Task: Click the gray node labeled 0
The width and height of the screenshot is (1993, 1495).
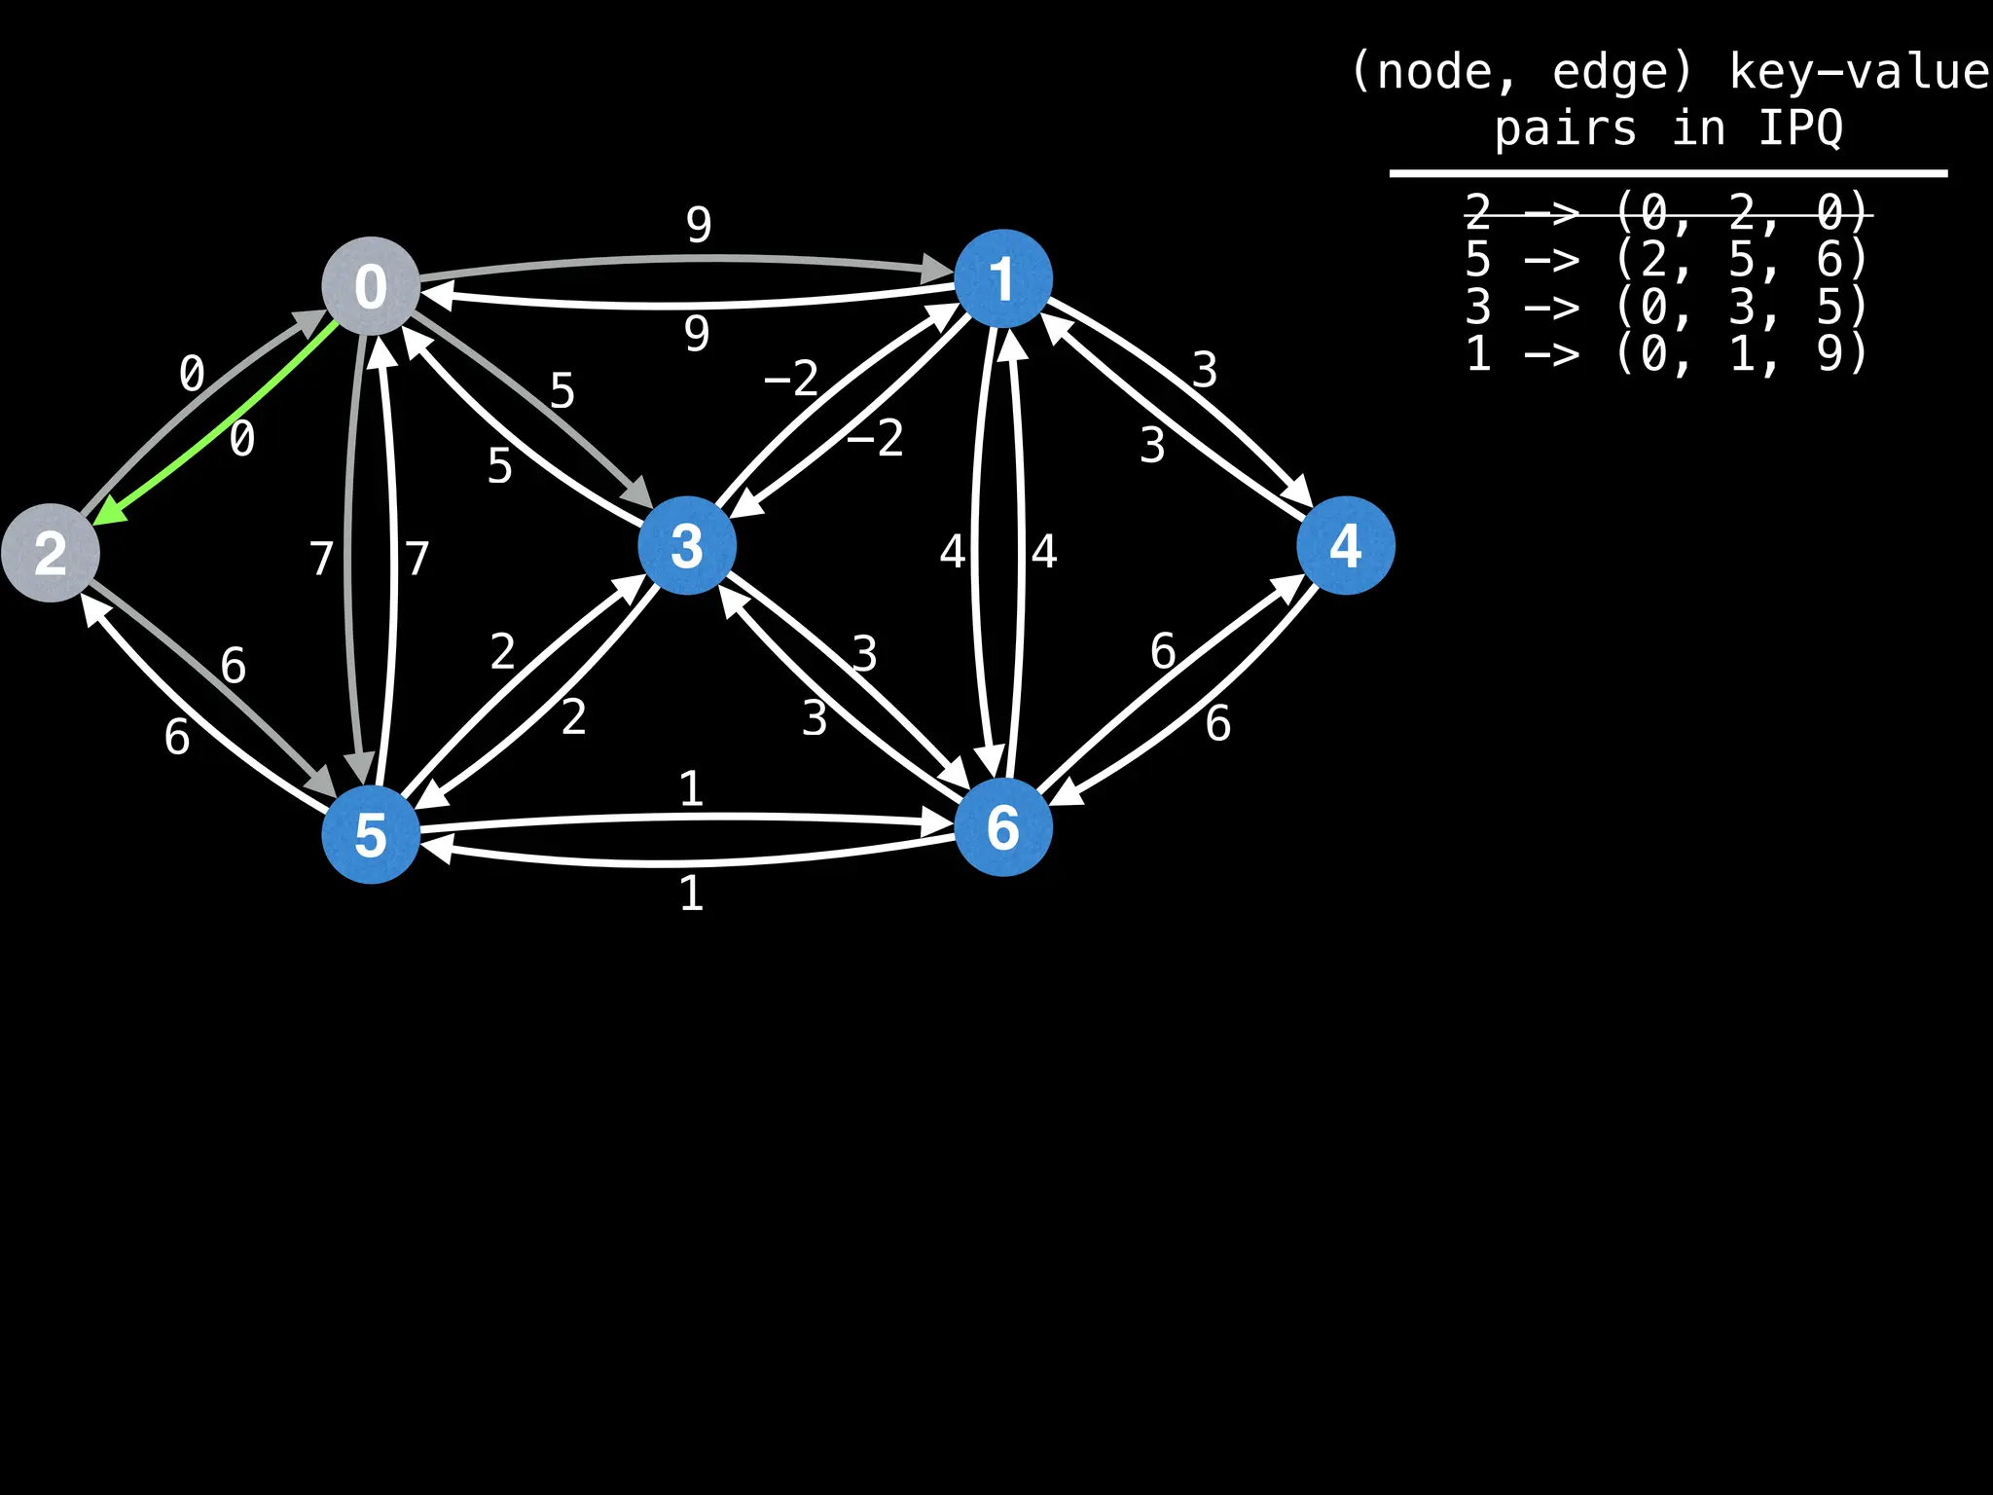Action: click(371, 285)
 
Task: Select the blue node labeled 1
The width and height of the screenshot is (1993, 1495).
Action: click(1002, 278)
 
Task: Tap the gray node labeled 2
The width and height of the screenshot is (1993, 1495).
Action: click(51, 553)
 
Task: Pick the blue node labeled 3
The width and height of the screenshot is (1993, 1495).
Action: click(687, 545)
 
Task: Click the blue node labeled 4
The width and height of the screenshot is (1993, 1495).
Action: click(1345, 545)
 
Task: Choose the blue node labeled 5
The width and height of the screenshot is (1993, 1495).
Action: click(371, 834)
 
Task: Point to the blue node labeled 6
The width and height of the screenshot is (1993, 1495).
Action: click(1002, 827)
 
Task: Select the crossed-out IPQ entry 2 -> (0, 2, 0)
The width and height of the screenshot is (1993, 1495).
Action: click(1666, 212)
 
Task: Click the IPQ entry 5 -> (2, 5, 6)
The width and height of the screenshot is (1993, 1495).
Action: click(1666, 259)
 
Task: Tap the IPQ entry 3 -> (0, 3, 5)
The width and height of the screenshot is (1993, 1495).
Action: click(1666, 307)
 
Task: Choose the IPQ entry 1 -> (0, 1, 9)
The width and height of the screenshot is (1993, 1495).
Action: click(1666, 353)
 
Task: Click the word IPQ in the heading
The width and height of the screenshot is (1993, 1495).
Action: click(1800, 128)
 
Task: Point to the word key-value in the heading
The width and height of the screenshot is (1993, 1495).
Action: click(1859, 72)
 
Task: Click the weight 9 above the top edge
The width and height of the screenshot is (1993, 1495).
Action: click(699, 225)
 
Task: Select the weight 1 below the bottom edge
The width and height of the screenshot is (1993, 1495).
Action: click(691, 893)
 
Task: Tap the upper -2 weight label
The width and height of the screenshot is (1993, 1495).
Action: click(791, 378)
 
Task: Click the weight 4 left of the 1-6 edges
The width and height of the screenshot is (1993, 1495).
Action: click(952, 552)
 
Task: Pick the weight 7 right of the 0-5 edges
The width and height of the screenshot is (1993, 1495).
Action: click(417, 559)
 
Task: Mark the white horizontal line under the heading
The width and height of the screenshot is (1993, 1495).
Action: click(1668, 173)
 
